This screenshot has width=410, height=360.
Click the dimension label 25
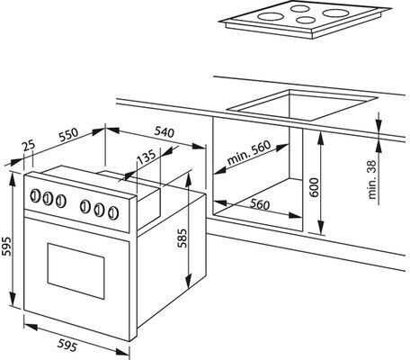point(29,146)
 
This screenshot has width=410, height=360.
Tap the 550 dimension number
point(68,135)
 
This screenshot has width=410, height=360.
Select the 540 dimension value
point(165,132)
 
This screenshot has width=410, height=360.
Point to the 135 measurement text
point(147,157)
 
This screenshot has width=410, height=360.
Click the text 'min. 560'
point(249,152)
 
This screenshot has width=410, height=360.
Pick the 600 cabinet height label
point(314,187)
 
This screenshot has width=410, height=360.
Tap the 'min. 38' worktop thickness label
point(371,179)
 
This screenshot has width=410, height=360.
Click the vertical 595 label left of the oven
point(6,247)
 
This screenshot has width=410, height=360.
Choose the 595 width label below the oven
point(67,345)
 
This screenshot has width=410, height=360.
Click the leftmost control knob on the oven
point(35,195)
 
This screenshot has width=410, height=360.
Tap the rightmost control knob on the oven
point(113,212)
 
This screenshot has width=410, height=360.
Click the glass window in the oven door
point(76,271)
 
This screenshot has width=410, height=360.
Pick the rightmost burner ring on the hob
point(334,13)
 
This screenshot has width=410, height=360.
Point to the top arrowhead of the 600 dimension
point(321,138)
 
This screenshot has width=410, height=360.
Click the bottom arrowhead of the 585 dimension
point(188,281)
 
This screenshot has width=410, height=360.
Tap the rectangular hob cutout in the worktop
point(302,104)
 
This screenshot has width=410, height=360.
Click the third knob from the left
point(61,202)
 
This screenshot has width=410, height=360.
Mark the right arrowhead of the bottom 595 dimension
point(122,352)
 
